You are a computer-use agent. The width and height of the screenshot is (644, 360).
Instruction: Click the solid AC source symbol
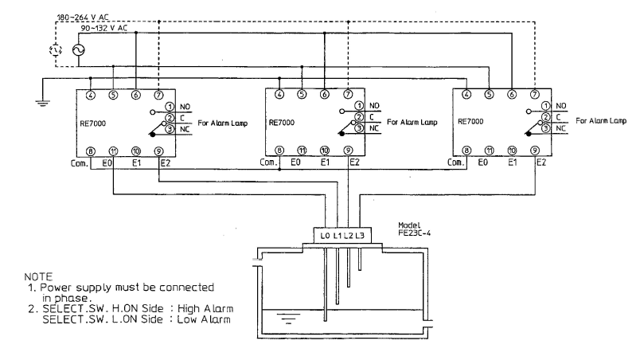click(78, 50)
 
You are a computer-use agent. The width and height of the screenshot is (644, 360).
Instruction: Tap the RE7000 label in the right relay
click(474, 123)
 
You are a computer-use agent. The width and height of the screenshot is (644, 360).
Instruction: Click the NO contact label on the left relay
click(182, 106)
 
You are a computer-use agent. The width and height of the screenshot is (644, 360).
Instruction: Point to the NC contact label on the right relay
click(560, 128)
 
